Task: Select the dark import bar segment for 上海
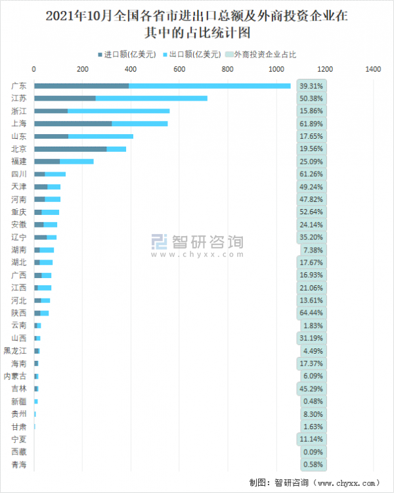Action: pos(73,124)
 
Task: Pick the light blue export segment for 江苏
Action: pos(151,99)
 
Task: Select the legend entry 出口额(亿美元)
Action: pos(193,55)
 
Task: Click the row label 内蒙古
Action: pos(16,376)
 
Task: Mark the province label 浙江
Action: pos(19,111)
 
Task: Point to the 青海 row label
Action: pos(19,465)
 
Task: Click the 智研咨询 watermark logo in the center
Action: pos(197,244)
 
